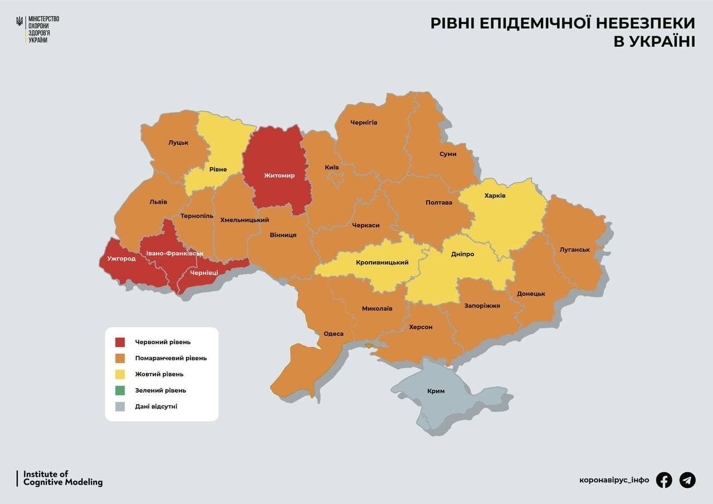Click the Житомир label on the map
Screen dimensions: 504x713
tap(279, 175)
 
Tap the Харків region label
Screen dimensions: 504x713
tap(495, 195)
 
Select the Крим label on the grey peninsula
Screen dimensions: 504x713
tap(436, 391)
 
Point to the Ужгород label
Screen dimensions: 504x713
tap(121, 258)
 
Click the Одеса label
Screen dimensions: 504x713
tap(333, 334)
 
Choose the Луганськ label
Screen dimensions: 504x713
tap(574, 249)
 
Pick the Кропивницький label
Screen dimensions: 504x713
tap(382, 262)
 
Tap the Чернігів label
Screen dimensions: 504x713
tap(364, 122)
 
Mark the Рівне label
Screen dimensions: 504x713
tap(218, 169)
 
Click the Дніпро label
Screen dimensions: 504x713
tap(462, 254)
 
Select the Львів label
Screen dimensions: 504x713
tap(158, 202)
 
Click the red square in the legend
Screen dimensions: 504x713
tap(120, 342)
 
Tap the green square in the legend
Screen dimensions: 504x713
tap(120, 390)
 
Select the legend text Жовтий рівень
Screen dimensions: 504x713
tap(159, 374)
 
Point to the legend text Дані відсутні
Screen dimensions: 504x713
tap(156, 407)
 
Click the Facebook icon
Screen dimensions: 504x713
tap(663, 479)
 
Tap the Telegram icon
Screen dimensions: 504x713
tap(687, 479)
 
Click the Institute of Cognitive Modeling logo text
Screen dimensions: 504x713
tap(62, 478)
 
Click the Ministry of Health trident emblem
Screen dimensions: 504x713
tap(20, 22)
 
